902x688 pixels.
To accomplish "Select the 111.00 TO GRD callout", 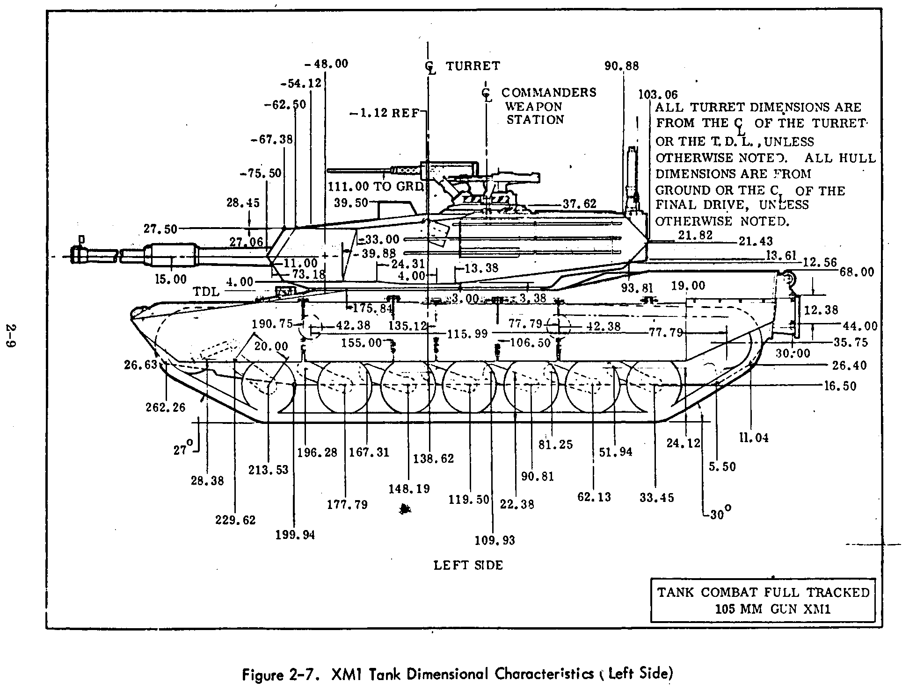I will tap(376, 186).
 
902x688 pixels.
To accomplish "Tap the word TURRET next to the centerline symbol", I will tap(473, 66).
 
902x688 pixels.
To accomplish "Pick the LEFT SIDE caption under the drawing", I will tap(468, 565).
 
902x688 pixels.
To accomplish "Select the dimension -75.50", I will tap(261, 173).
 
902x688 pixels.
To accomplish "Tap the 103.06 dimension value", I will tap(658, 94).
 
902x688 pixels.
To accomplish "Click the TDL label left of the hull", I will tap(206, 292).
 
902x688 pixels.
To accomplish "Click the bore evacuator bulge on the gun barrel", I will tap(170, 256).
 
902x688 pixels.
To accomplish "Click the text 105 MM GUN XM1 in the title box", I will tap(763, 609).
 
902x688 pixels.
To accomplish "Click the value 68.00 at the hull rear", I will tap(857, 272).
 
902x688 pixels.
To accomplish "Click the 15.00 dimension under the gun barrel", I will tap(170, 279).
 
